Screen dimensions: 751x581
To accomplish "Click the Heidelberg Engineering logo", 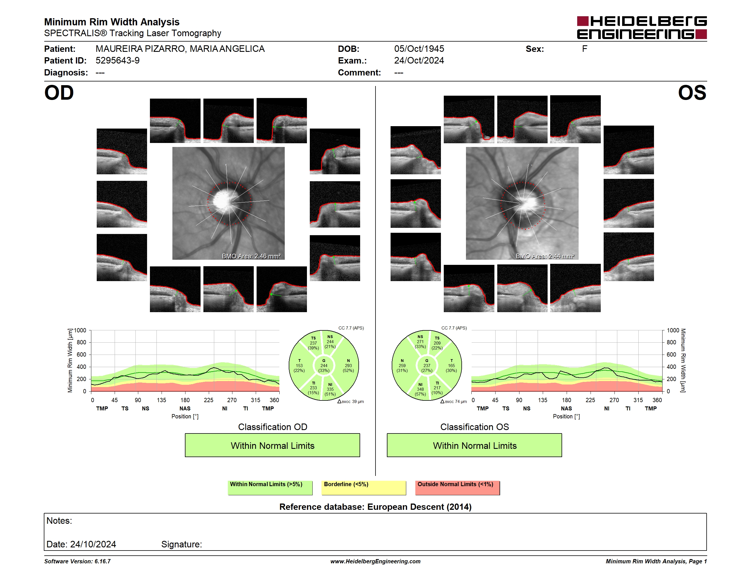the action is [x=642, y=28].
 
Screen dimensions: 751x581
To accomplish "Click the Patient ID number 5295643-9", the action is [x=117, y=61].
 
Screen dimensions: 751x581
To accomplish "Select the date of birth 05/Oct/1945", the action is [x=419, y=49].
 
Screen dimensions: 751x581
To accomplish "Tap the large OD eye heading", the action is [x=59, y=93].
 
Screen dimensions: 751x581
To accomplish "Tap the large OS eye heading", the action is [x=692, y=93].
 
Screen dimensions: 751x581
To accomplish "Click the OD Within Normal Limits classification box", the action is [x=272, y=445].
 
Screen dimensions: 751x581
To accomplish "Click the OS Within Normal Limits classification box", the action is [x=474, y=445].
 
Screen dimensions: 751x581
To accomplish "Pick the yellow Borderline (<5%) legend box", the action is [x=364, y=488].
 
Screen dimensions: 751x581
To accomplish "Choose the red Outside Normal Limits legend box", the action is [x=457, y=488].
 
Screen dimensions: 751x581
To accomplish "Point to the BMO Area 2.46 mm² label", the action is [x=251, y=256].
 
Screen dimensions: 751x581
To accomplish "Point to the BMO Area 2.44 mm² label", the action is [x=545, y=256].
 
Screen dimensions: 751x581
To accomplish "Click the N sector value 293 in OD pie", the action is [x=348, y=365].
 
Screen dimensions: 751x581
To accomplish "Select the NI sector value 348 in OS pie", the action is [x=420, y=389].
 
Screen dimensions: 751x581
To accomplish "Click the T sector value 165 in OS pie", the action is [x=451, y=365].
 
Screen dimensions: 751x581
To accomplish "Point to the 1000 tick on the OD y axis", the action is [x=80, y=330].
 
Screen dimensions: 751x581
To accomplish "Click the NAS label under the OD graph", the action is [x=185, y=409].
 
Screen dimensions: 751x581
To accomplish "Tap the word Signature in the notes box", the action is [x=181, y=544].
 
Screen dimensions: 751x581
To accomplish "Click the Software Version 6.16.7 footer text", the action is [x=77, y=561].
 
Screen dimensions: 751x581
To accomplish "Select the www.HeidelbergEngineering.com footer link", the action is [x=375, y=561].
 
